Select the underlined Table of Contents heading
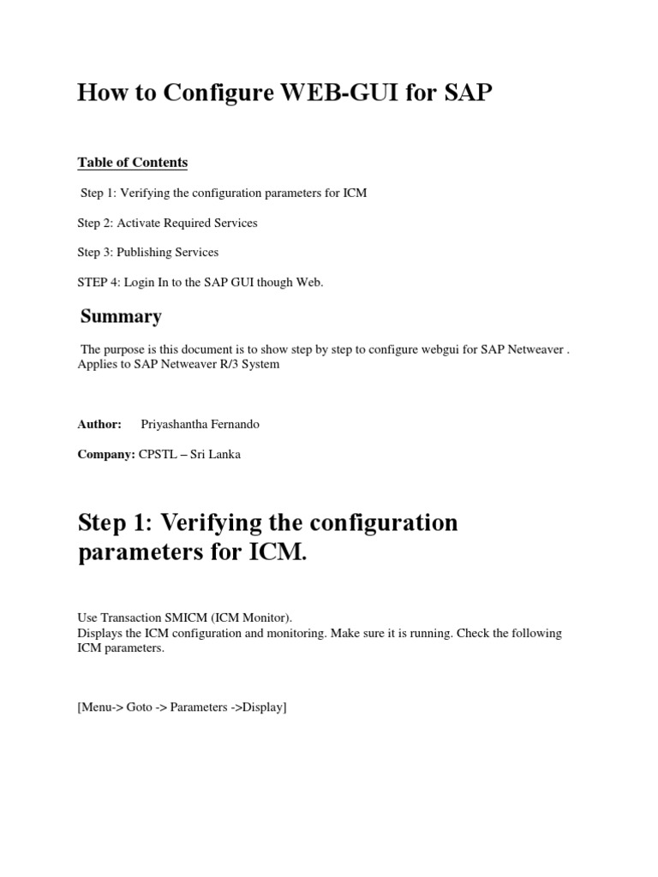[132, 163]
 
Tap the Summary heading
[121, 317]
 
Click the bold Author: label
[99, 425]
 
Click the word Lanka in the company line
[224, 455]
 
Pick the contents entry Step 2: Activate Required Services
[167, 224]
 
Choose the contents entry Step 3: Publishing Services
[147, 253]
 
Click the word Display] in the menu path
[265, 708]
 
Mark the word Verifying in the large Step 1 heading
[221, 522]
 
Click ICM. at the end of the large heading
[275, 552]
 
